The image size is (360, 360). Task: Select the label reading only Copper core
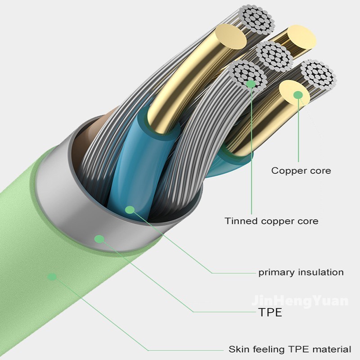click(x=301, y=171)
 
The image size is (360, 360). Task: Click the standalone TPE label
click(x=270, y=312)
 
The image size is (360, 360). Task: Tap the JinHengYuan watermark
click(x=300, y=301)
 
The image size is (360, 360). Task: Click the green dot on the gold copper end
click(x=297, y=94)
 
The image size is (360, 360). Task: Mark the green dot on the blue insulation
click(x=130, y=209)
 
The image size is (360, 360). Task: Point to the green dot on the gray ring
click(x=99, y=238)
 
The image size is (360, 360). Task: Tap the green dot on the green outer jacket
click(x=53, y=276)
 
